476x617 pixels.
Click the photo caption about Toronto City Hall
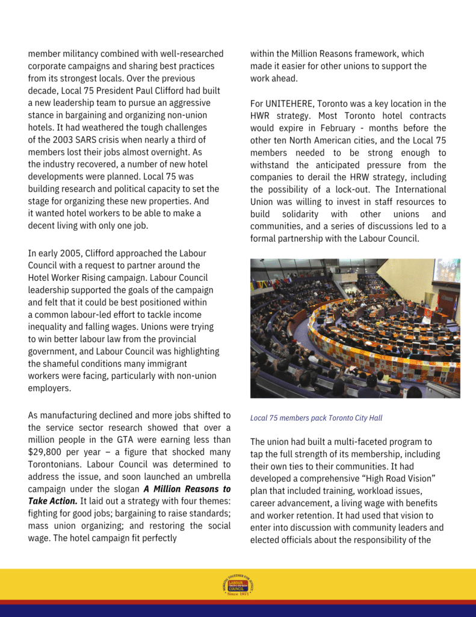coord(316,418)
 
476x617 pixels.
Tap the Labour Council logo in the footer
coord(238,586)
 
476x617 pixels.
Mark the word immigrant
coord(162,364)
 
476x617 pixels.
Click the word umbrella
coord(212,477)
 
